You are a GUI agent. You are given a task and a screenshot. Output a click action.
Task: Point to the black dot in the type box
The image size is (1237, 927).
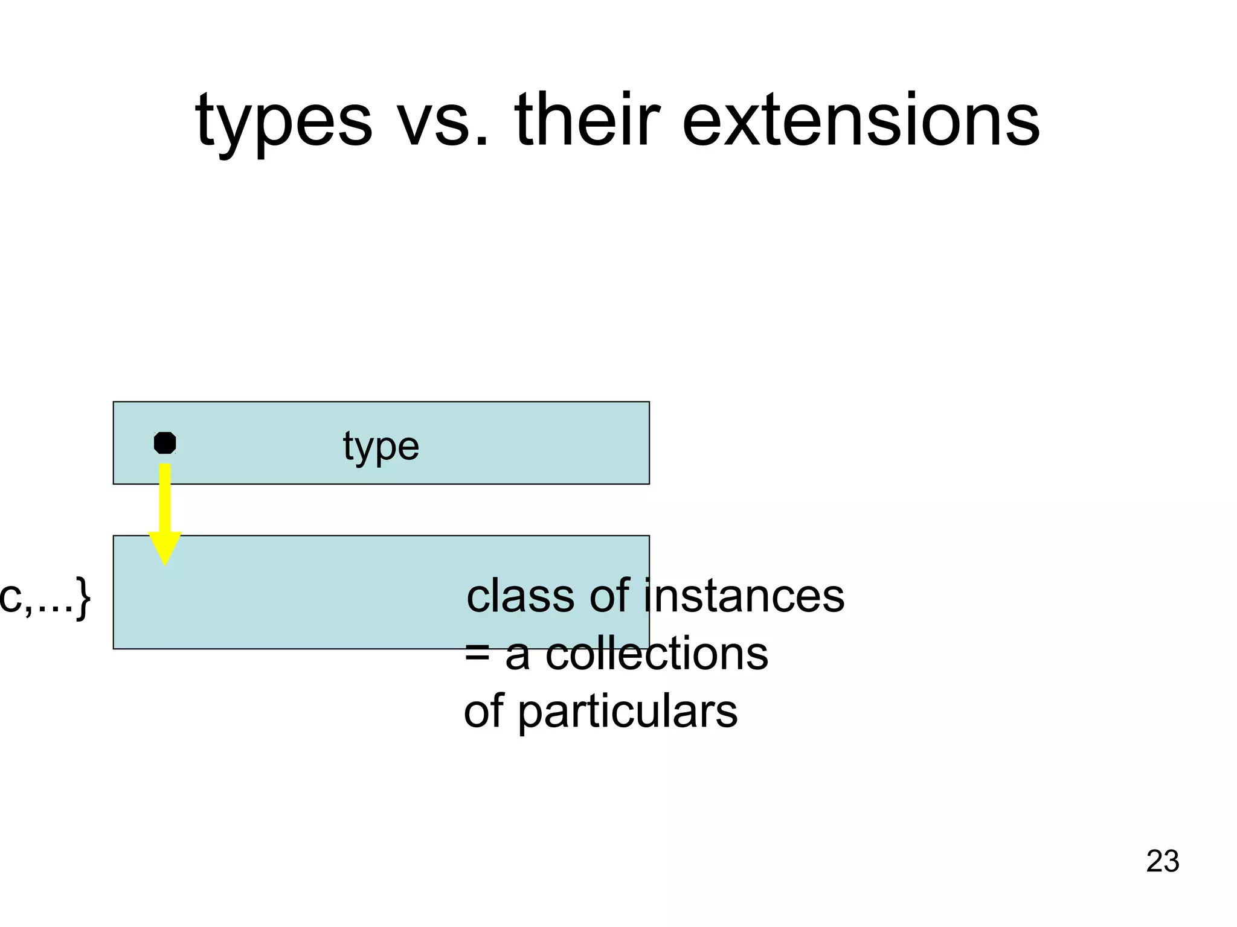tap(165, 443)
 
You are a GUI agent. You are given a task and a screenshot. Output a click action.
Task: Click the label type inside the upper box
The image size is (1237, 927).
tap(381, 447)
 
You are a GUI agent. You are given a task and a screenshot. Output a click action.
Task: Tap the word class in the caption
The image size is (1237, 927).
tap(522, 596)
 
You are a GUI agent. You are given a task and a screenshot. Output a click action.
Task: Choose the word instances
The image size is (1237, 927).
tap(744, 596)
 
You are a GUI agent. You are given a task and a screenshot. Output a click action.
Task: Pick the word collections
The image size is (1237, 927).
tap(657, 654)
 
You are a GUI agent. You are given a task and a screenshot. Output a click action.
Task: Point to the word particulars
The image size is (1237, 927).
tap(628, 712)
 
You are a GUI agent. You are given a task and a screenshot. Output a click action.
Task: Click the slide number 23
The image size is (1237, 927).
tap(1162, 861)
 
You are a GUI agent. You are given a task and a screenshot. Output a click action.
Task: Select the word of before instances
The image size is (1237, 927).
tap(609, 596)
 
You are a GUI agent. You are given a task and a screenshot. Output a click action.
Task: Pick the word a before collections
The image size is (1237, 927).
tap(518, 656)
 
